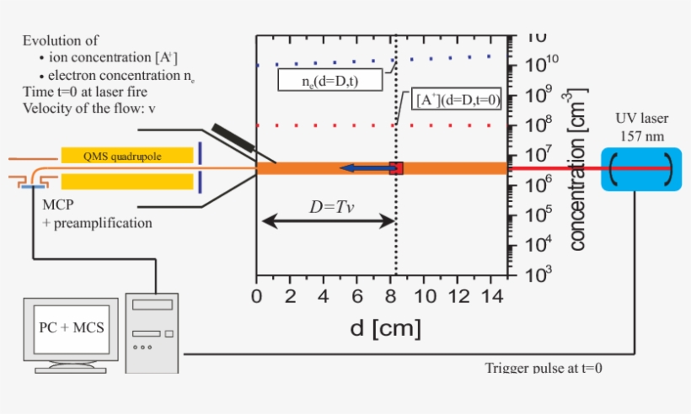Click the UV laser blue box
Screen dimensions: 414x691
point(640,168)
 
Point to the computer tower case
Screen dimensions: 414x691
point(152,332)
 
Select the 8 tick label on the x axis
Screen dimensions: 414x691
point(390,296)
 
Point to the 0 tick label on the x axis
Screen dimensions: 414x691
point(257,296)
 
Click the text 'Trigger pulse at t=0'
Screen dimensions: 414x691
point(544,368)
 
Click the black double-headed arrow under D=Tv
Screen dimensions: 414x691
point(327,221)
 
